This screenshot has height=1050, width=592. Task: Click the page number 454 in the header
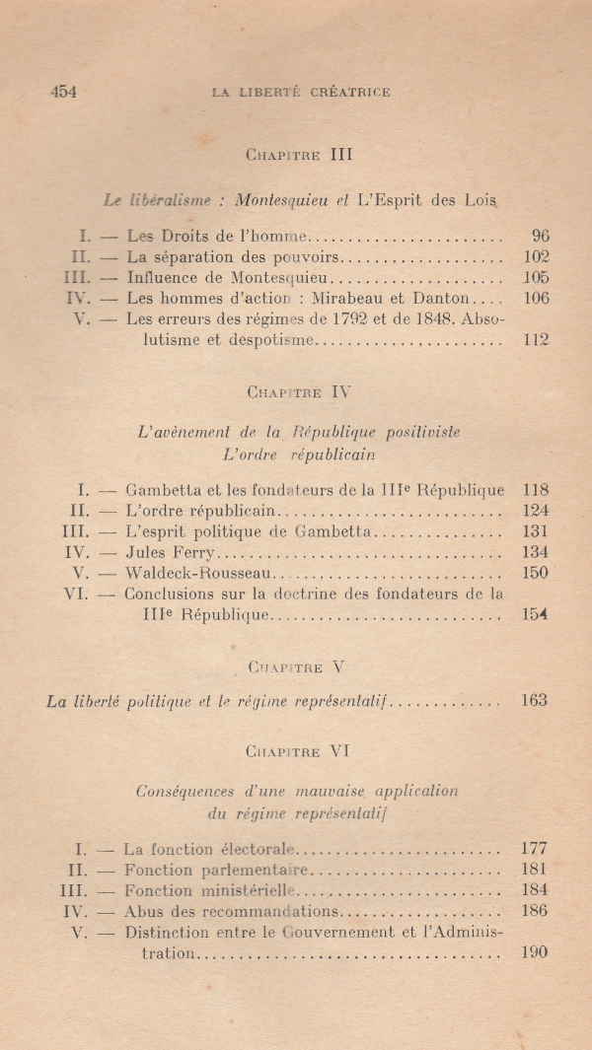(63, 92)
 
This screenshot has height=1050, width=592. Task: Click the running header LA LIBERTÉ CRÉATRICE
(301, 93)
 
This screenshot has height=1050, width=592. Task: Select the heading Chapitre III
(299, 154)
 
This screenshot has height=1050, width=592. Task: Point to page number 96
(539, 236)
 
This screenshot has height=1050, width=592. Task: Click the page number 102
(536, 256)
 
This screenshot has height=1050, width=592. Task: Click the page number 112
(536, 340)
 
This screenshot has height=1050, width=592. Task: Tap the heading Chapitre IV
(299, 391)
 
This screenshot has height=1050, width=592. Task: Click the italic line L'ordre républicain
(299, 455)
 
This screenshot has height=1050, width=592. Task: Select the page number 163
(535, 701)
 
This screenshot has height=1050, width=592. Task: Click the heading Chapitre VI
(299, 751)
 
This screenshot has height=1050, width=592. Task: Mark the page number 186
(534, 911)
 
